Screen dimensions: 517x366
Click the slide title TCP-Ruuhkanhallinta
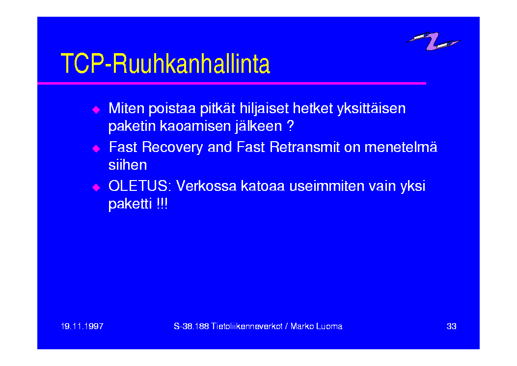(x=165, y=63)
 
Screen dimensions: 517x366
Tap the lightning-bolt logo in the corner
(x=433, y=41)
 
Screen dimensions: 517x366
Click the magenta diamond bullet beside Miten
(x=96, y=110)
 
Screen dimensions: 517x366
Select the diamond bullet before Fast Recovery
(x=96, y=149)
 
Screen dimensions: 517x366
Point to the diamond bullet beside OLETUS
(x=96, y=187)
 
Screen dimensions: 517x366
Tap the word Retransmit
(x=304, y=147)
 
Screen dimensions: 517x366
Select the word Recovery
(x=172, y=148)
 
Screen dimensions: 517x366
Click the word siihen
(x=128, y=165)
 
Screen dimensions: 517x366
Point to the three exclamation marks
(x=162, y=204)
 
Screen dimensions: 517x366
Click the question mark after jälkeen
(x=290, y=126)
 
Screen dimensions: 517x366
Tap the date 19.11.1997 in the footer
(x=82, y=326)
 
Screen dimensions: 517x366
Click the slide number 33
(x=451, y=326)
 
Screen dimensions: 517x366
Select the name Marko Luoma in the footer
(x=317, y=326)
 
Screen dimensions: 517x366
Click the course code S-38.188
(x=191, y=326)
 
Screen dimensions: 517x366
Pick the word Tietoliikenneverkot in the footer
(x=246, y=326)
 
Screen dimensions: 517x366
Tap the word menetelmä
(x=401, y=147)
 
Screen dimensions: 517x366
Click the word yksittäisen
(x=371, y=109)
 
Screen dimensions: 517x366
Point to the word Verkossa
(x=206, y=186)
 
